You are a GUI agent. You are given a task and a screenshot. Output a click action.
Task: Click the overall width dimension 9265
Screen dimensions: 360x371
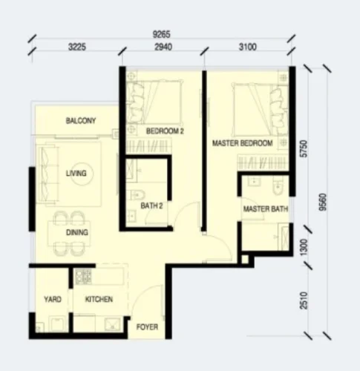[x=161, y=34]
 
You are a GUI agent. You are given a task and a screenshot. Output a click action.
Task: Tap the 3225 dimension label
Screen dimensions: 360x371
[x=77, y=47]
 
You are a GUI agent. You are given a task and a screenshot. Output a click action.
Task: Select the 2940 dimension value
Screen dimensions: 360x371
[x=163, y=47]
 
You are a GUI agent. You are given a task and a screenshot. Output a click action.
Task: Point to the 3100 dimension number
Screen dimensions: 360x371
[x=248, y=47]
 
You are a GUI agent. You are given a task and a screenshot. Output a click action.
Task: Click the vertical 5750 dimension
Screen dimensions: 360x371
[x=304, y=148]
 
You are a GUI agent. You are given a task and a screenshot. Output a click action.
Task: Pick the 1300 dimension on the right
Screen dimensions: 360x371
[x=304, y=247]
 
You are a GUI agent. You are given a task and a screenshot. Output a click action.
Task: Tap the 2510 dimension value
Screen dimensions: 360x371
[x=304, y=301]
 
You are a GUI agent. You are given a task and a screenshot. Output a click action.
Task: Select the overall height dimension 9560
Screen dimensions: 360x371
[x=323, y=202]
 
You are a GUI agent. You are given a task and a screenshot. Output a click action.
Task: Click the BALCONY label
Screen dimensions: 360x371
[x=81, y=121]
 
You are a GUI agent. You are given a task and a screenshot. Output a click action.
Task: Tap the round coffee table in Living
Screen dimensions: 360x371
[x=82, y=174]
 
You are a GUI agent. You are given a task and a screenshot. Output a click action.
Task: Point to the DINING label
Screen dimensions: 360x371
[x=77, y=232]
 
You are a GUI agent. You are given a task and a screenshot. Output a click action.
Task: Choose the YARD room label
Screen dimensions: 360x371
[x=53, y=300]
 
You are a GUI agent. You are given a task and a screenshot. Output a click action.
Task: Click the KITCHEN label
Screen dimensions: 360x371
[x=99, y=300]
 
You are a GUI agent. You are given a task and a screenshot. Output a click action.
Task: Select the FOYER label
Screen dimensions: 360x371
[x=147, y=327]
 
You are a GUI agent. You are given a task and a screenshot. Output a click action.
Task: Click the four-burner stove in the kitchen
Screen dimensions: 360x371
[x=84, y=277]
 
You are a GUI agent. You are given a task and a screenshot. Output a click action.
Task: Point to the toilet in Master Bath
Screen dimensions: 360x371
[x=278, y=188]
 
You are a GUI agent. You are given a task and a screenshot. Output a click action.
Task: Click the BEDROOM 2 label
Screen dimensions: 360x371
[x=165, y=131]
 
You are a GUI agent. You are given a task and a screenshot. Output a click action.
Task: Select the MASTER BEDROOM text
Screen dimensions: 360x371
[x=243, y=143]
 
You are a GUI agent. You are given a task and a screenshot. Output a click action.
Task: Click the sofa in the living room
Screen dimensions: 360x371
[x=48, y=174]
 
